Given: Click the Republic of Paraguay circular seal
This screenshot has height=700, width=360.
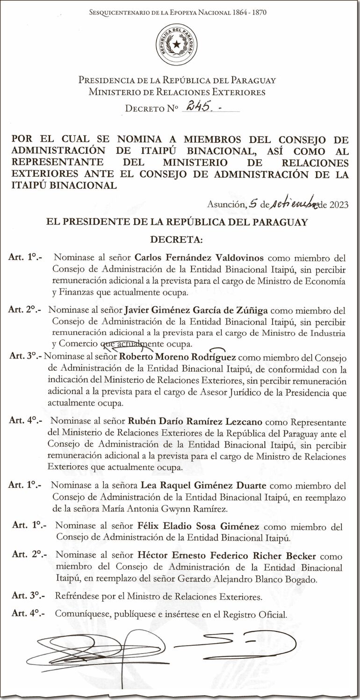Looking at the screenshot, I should coord(177,45).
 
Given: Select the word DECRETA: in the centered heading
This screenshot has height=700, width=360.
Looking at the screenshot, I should coord(176,240).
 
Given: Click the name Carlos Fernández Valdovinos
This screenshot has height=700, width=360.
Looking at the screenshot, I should coord(199,258).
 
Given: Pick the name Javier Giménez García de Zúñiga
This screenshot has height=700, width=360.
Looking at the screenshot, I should coord(196,310).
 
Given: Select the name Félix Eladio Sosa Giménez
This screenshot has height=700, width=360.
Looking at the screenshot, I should coord(198,527).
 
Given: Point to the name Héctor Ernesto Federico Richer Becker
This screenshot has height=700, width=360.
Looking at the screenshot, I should coord(227,556).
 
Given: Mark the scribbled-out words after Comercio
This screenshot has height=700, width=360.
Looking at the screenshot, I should coord(122,345).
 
